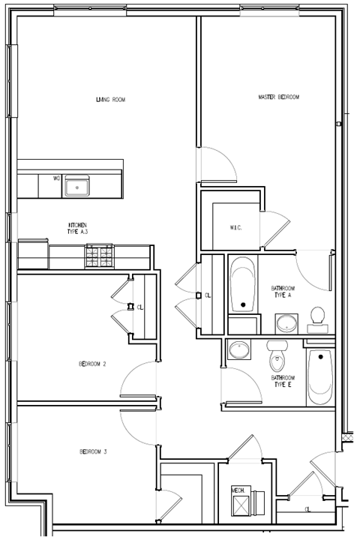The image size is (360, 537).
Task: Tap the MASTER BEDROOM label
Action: click(279, 97)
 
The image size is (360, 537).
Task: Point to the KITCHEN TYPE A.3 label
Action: click(77, 229)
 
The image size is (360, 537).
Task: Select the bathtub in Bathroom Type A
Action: click(242, 286)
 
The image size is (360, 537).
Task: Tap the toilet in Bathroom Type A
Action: click(317, 318)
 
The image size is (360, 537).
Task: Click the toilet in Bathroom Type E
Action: click(277, 358)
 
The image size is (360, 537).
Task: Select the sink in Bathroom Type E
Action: click(239, 350)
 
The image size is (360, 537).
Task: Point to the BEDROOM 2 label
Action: click(92, 364)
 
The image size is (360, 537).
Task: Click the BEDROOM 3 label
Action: click(94, 451)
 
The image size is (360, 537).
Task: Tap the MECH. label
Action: click(238, 490)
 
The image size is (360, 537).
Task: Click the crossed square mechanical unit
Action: click(241, 505)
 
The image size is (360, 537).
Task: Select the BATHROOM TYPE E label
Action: click(283, 381)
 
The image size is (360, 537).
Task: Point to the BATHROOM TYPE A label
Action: click(283, 292)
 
